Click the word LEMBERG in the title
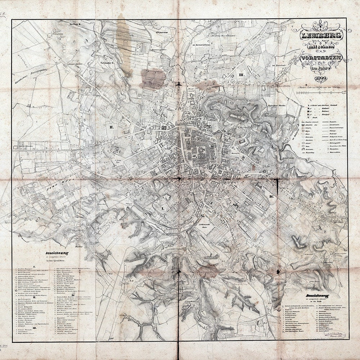[318, 36]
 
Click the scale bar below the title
[320, 93]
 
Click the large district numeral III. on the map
[242, 75]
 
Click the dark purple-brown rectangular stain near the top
[153, 78]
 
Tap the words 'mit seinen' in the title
[318, 47]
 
